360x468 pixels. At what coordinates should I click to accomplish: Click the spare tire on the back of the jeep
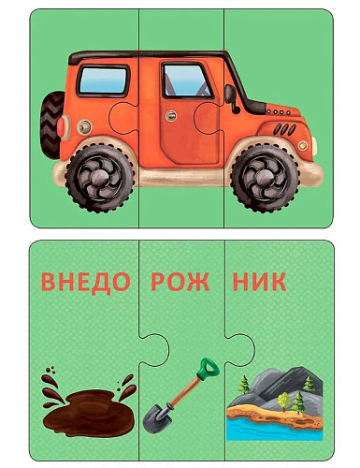point(51,124)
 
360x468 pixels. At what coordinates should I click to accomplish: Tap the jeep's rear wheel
point(100,178)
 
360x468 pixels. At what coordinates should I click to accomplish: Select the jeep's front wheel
point(265,178)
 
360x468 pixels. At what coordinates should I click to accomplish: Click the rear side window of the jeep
point(103,80)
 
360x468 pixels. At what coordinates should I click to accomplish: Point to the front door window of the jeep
point(186,80)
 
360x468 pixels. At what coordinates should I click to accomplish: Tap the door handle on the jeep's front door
point(171,116)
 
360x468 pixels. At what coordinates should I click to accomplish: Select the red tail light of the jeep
point(61,126)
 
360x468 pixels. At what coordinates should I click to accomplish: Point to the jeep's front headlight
point(303,145)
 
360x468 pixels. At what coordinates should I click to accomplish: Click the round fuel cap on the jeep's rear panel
point(84,126)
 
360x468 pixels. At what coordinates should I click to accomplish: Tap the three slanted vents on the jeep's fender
point(285,129)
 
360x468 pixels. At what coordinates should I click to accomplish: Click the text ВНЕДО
point(85,283)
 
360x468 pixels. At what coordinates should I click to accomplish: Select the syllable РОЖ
point(180,282)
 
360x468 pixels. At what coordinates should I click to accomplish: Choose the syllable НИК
point(259,282)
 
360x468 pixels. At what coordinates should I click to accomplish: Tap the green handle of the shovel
point(209,369)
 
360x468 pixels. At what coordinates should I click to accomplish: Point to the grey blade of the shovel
point(157,417)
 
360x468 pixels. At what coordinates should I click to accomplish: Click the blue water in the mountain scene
point(274,430)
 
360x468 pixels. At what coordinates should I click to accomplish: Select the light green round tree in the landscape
point(283,400)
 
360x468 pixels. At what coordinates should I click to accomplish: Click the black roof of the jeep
point(147,56)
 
